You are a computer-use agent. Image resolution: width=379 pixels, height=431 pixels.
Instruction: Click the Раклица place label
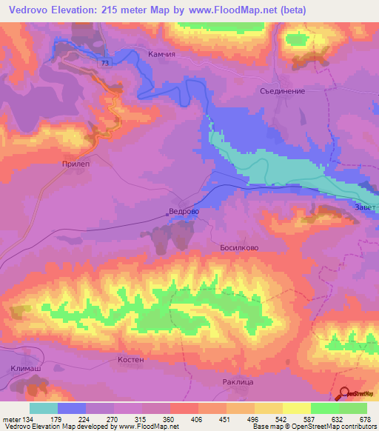238,382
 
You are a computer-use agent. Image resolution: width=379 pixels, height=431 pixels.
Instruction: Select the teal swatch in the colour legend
44,408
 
